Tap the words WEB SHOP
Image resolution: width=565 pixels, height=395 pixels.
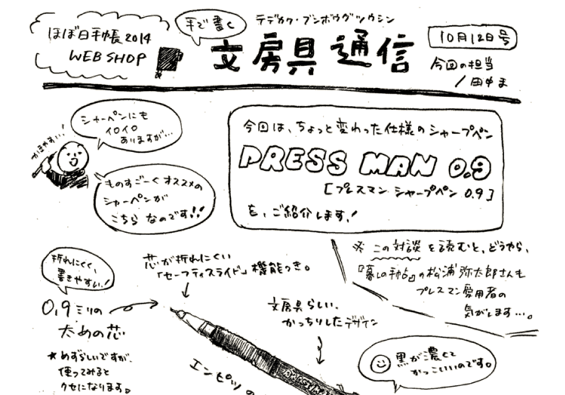[x=108, y=57]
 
